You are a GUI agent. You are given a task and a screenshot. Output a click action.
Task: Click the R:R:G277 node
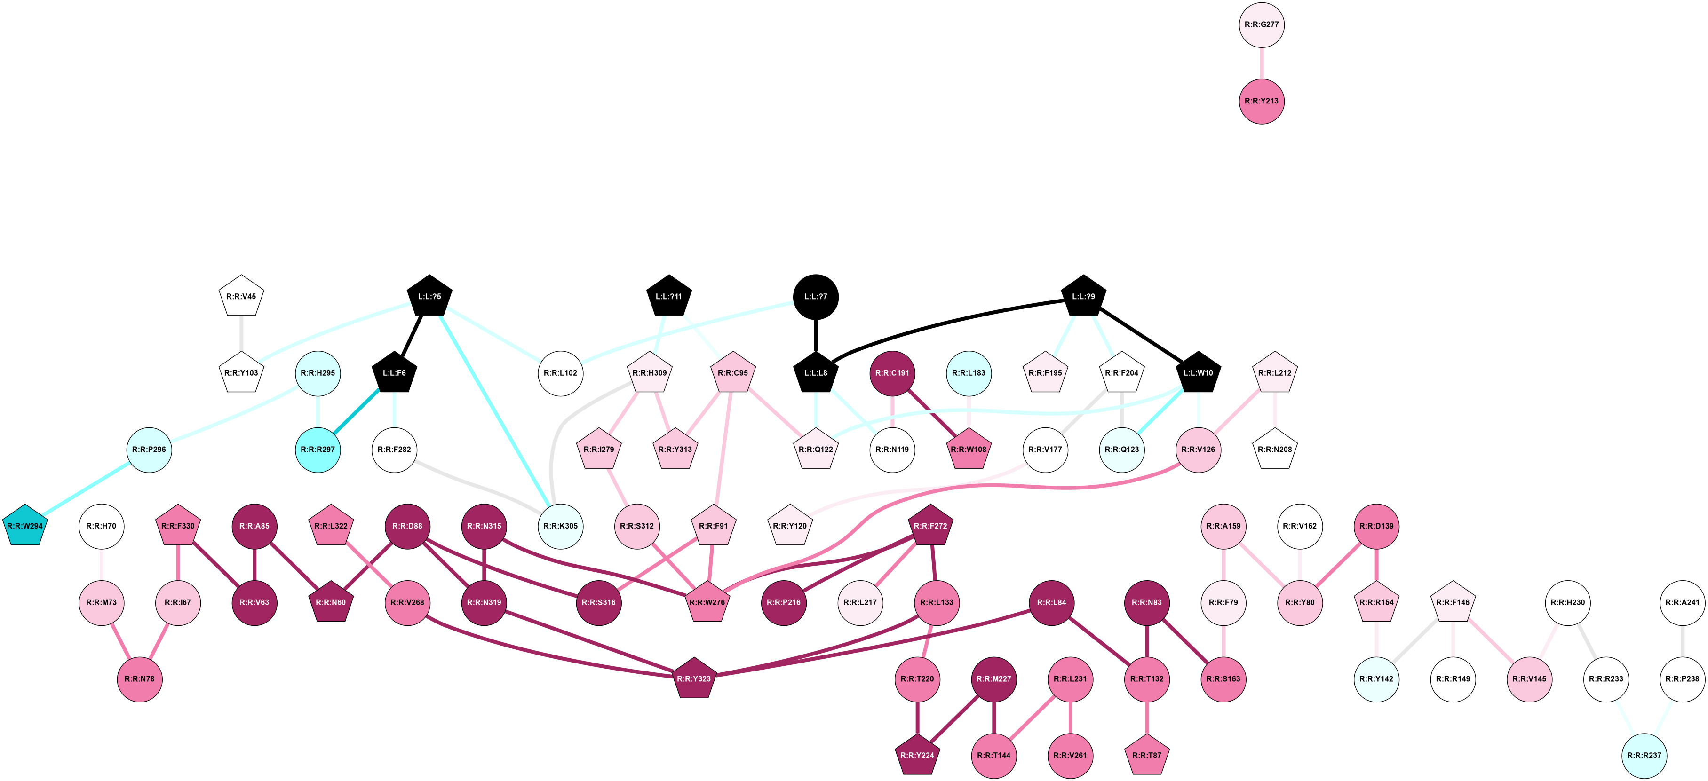pyautogui.click(x=1261, y=24)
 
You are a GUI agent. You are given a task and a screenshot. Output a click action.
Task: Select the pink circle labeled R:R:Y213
pyautogui.click(x=1261, y=101)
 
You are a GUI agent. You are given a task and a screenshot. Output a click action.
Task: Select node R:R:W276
pyautogui.click(x=707, y=603)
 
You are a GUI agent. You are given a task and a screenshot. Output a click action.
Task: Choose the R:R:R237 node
pyautogui.click(x=1644, y=755)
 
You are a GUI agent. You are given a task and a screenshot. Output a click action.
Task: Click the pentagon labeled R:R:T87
pyautogui.click(x=1146, y=755)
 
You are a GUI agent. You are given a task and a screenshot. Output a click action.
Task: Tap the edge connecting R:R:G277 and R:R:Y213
pyautogui.click(x=1261, y=63)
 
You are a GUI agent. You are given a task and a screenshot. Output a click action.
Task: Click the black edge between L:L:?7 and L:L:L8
pyautogui.click(x=816, y=335)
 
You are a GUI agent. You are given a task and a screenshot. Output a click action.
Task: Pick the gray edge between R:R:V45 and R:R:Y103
pyautogui.click(x=241, y=335)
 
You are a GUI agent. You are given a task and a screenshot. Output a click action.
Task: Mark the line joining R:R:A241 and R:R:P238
pyautogui.click(x=1682, y=641)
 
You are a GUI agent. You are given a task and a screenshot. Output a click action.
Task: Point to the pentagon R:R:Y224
pyautogui.click(x=917, y=755)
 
